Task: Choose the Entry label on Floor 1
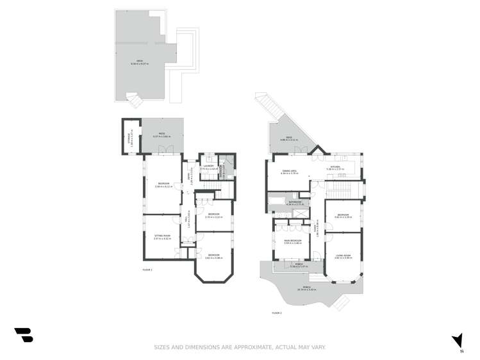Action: (x=190, y=177)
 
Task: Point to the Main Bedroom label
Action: (x=292, y=241)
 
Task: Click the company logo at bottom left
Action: (x=24, y=334)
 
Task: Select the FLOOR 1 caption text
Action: (x=148, y=270)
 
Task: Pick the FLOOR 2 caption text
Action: (x=276, y=312)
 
